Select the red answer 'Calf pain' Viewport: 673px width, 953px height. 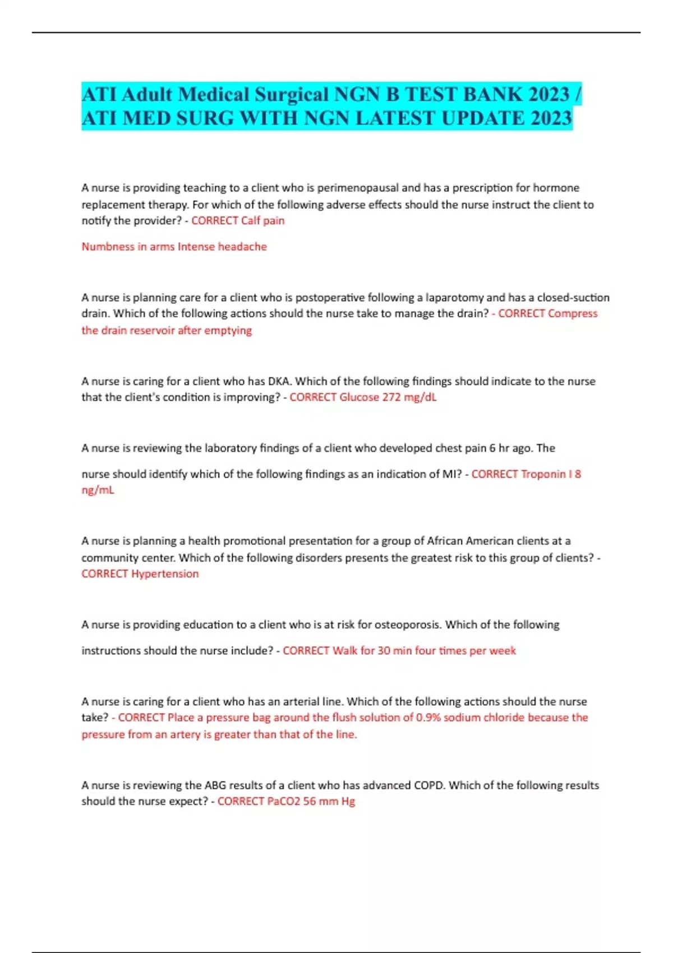click(263, 221)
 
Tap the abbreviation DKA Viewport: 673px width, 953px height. click(279, 381)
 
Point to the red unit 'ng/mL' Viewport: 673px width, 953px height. click(98, 490)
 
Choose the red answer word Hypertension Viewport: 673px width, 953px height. click(165, 574)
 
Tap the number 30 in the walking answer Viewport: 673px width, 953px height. click(384, 651)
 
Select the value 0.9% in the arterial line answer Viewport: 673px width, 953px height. click(428, 718)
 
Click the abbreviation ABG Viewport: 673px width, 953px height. click(215, 785)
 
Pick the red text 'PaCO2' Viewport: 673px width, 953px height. click(284, 802)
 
